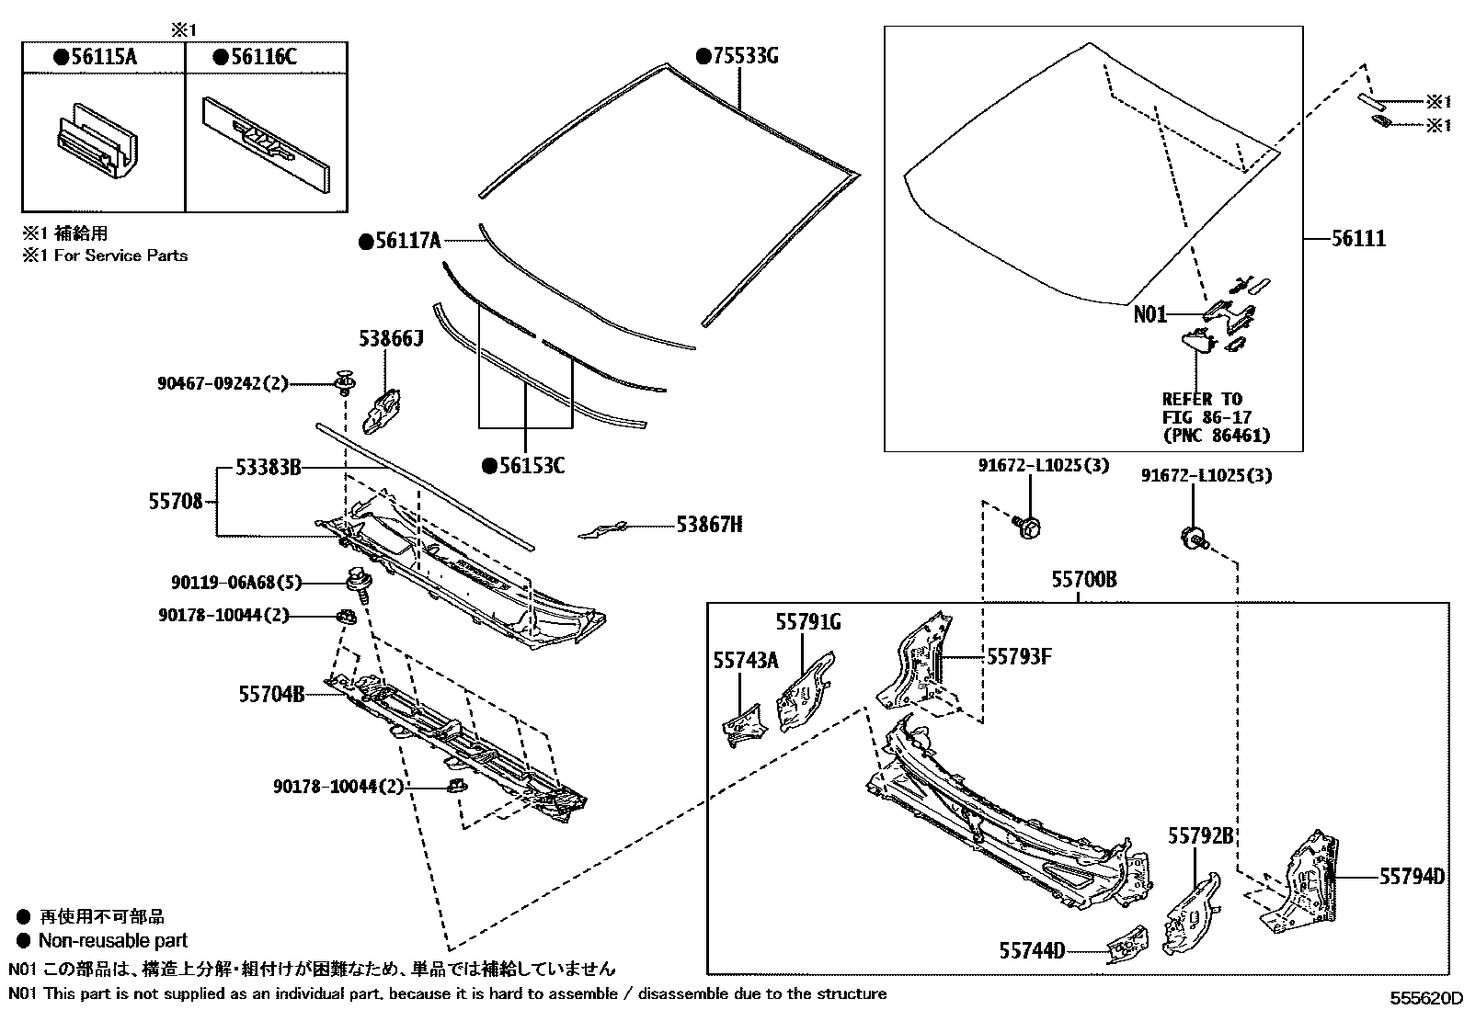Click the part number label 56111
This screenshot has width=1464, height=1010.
(x=1358, y=239)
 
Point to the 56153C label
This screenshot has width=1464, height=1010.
(x=531, y=465)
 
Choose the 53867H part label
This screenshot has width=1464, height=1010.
(x=709, y=525)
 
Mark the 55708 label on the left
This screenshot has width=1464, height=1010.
(x=175, y=502)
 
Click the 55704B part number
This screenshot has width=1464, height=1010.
(x=271, y=694)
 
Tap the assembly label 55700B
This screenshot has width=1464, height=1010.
(x=1084, y=580)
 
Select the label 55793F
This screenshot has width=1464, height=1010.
(x=1019, y=656)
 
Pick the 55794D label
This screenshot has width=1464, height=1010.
(x=1412, y=877)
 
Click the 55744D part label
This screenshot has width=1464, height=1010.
(x=1032, y=950)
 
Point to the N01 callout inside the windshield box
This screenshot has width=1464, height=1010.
(x=1149, y=314)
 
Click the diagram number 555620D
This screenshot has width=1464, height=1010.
(x=1424, y=998)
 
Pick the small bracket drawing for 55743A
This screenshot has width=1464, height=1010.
(x=743, y=723)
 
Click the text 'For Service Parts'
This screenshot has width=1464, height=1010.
(x=120, y=255)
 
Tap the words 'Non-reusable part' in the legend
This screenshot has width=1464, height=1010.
(x=112, y=940)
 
